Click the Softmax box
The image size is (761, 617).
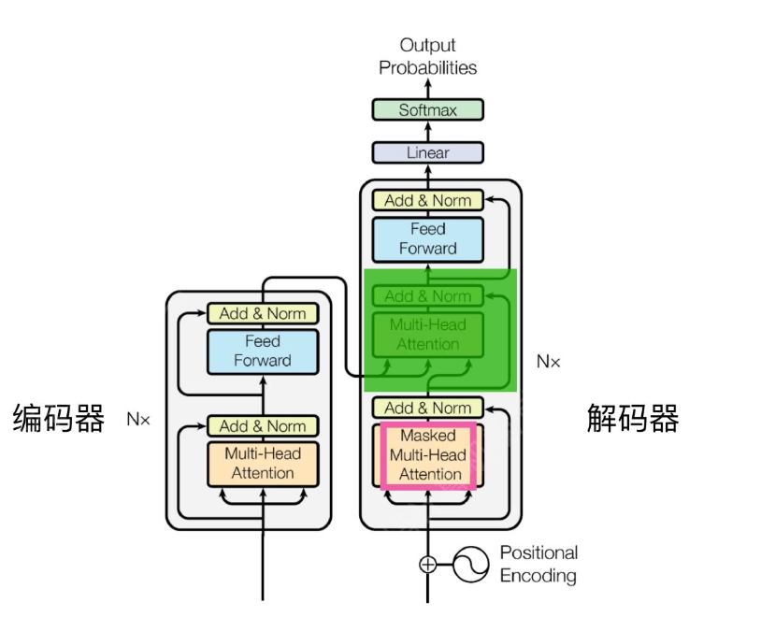[x=427, y=110]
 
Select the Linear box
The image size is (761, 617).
[x=427, y=152]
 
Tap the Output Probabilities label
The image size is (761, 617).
[x=427, y=56]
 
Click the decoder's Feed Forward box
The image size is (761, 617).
[x=427, y=238]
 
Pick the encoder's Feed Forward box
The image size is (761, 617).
[x=263, y=351]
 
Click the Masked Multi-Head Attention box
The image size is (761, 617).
[x=427, y=455]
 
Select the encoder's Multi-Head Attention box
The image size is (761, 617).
[x=263, y=463]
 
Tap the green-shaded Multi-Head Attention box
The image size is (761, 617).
[x=427, y=334]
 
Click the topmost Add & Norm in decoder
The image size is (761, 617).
[x=427, y=200]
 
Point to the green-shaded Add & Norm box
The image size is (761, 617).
[x=427, y=296]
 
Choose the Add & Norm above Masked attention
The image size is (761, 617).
[x=427, y=408]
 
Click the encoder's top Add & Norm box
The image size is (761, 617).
[x=263, y=313]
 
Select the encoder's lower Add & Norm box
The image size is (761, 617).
[x=263, y=426]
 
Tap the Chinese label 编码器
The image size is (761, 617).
[x=58, y=418]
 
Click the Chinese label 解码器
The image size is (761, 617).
[x=633, y=418]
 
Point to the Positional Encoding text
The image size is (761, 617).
[x=538, y=564]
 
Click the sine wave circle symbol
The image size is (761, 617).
[x=473, y=564]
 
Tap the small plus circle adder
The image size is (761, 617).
[x=427, y=564]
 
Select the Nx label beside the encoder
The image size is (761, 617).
[x=138, y=419]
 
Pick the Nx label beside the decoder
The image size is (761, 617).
[x=549, y=361]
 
